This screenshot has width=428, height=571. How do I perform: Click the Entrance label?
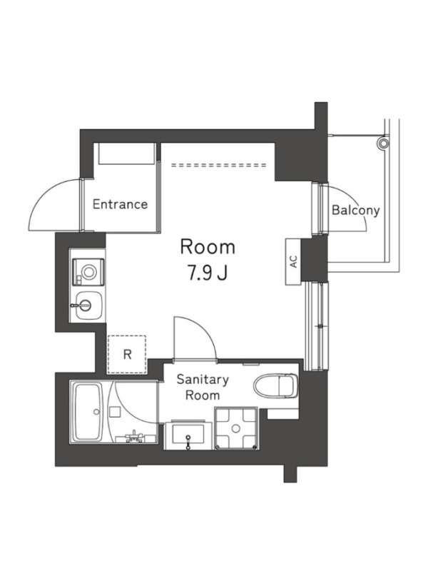[120, 204]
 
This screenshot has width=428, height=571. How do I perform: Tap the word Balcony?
[355, 210]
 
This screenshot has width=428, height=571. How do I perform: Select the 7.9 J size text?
[208, 273]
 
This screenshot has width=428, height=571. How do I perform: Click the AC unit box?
[294, 261]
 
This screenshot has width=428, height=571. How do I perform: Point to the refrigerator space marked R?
[127, 354]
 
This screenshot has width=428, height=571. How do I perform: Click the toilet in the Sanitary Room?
[276, 386]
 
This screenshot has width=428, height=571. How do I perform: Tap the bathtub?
[88, 412]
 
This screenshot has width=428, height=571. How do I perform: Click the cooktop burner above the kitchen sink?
[88, 272]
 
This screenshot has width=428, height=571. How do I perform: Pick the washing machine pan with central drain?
[236, 428]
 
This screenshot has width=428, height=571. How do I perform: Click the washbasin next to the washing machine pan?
[188, 435]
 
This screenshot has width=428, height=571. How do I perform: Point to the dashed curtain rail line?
[219, 165]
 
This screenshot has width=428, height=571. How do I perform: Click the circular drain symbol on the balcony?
[383, 143]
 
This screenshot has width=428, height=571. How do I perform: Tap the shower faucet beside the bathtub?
[134, 437]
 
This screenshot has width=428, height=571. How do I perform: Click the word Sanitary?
[203, 380]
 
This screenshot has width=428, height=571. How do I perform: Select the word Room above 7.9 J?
[208, 247]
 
